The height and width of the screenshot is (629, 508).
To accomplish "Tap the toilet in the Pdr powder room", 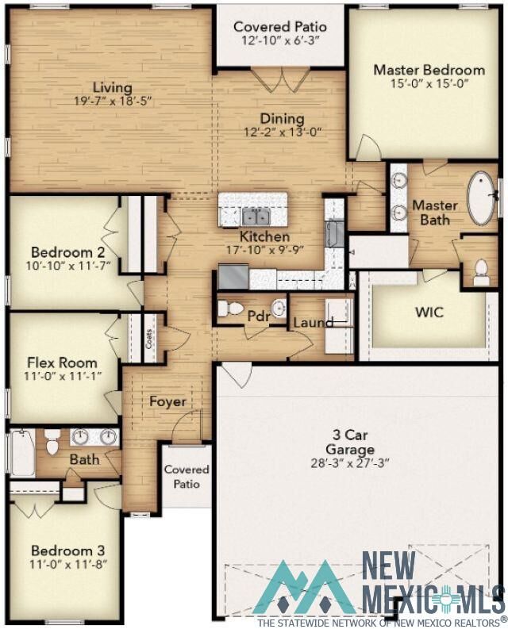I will (x=231, y=309).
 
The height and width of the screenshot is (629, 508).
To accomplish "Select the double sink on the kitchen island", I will (x=256, y=216).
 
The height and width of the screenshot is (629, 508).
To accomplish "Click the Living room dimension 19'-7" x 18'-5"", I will (x=111, y=101).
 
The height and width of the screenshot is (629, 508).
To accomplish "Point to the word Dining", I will (x=282, y=119).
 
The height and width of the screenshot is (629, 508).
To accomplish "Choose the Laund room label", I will (x=313, y=323).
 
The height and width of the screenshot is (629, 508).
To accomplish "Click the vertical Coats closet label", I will (x=148, y=339).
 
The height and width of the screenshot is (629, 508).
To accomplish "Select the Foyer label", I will (x=168, y=401).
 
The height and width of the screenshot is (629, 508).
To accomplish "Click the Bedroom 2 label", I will (x=63, y=253).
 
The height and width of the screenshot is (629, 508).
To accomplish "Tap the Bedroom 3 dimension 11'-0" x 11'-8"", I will (x=67, y=564).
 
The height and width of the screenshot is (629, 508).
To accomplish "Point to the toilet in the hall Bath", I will (x=52, y=443).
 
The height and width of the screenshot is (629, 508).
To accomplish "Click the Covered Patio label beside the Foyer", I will (x=187, y=477).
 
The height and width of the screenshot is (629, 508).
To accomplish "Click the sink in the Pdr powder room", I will (x=278, y=308).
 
